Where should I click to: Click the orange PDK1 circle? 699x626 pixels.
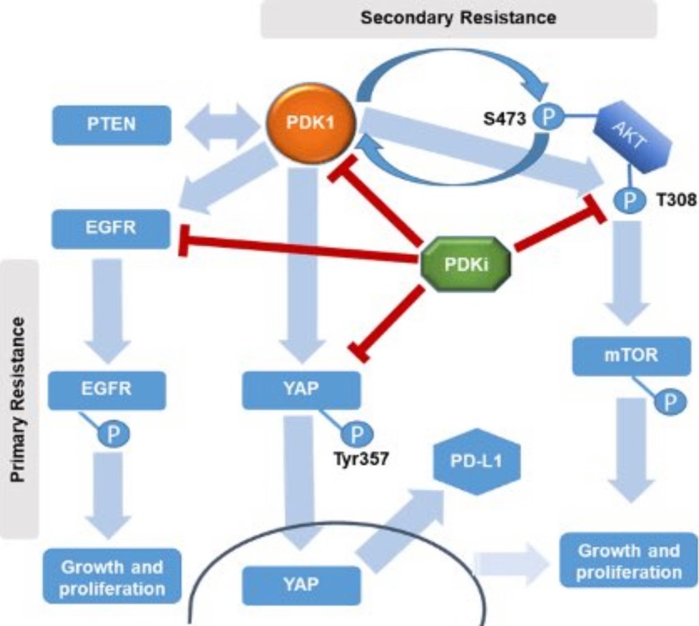pyautogui.click(x=311, y=124)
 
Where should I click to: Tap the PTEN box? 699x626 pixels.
pyautogui.click(x=111, y=125)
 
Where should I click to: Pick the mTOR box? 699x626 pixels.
pyautogui.click(x=622, y=355)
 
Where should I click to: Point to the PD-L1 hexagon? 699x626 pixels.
pyautogui.click(x=476, y=461)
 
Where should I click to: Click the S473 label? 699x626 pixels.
pyautogui.click(x=505, y=119)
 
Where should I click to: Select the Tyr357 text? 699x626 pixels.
pyautogui.click(x=361, y=459)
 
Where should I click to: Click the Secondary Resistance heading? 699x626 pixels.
pyautogui.click(x=458, y=18)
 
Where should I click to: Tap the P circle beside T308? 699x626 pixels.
pyautogui.click(x=630, y=200)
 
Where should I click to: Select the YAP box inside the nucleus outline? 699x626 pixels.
pyautogui.click(x=301, y=585)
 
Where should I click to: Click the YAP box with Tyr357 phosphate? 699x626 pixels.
pyautogui.click(x=301, y=390)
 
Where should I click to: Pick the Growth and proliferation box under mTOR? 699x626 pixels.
pyautogui.click(x=628, y=561)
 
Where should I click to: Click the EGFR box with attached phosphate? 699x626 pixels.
pyautogui.click(x=107, y=390)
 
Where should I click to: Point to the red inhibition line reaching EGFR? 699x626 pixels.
pyautogui.click(x=300, y=251)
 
